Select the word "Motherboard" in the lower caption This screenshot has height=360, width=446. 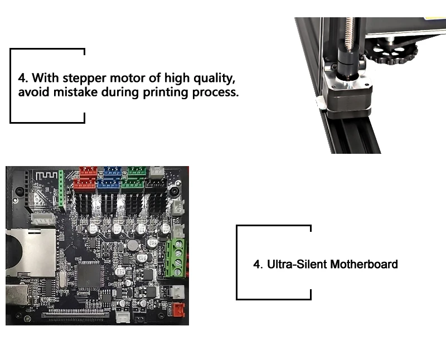click(364, 264)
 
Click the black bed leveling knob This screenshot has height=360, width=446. click(394, 53)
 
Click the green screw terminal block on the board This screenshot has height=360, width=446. click(176, 257)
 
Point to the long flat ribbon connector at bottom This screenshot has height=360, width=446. click(76, 317)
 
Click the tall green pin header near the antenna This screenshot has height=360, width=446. click(61, 191)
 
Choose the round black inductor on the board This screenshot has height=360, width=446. click(133, 246)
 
